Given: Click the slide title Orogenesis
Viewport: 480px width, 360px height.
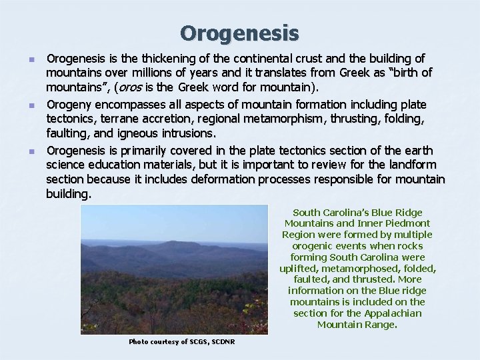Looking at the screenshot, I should pyautogui.click(x=239, y=32).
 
